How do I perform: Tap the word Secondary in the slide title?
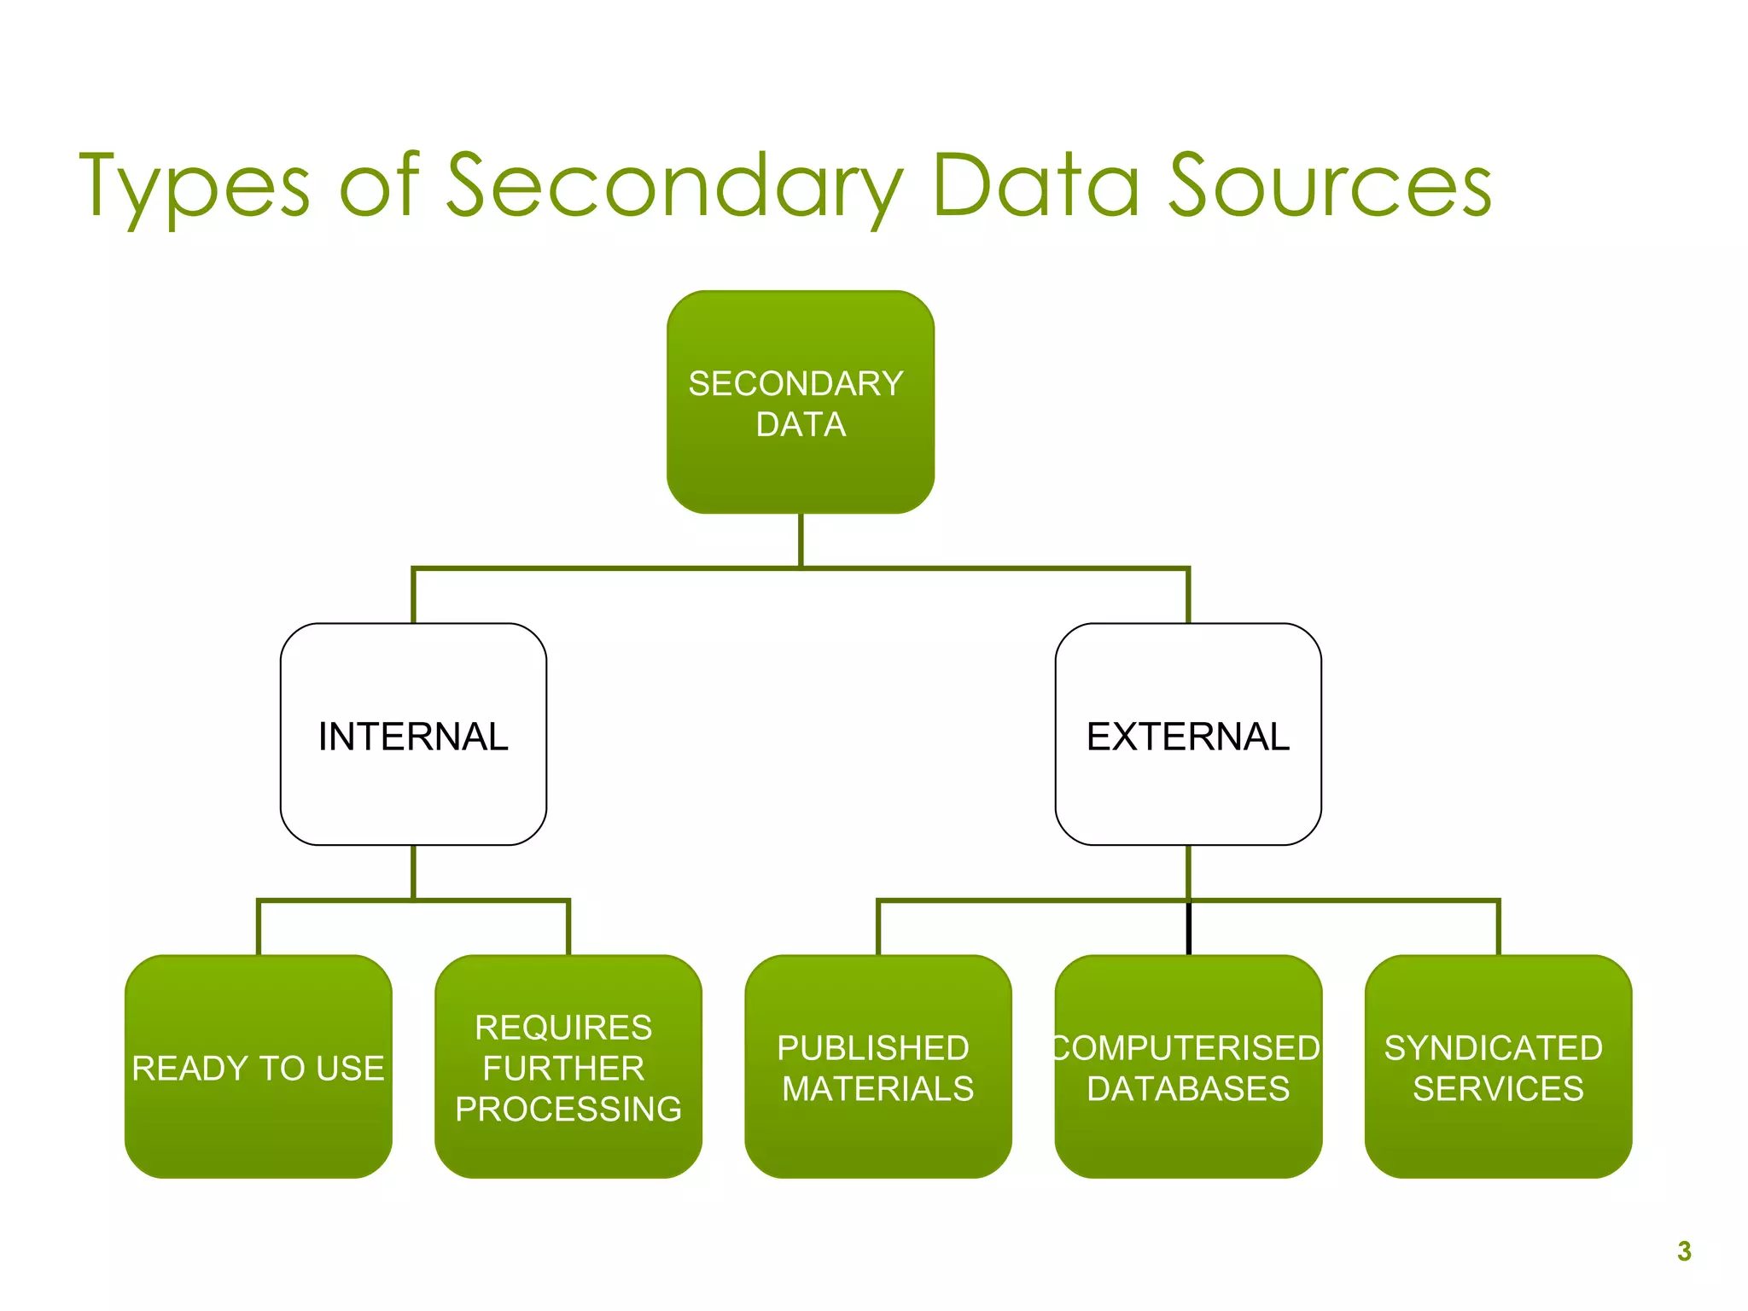[x=674, y=186]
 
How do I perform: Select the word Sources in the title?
[x=1330, y=186]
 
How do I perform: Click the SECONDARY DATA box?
[x=800, y=402]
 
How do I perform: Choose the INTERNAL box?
[x=413, y=735]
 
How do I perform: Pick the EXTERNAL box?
[x=1188, y=735]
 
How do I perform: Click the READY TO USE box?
[x=258, y=1067]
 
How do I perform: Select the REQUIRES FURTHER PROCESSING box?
[x=568, y=1067]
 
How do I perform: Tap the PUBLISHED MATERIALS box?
[x=877, y=1067]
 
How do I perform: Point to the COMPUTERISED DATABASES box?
[x=1188, y=1067]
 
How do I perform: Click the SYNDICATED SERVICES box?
[x=1498, y=1067]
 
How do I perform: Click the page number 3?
[x=1684, y=1251]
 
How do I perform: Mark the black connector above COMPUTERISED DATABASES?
[x=1188, y=929]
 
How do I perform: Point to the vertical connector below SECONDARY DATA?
[x=801, y=539]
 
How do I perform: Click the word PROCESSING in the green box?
[x=568, y=1109]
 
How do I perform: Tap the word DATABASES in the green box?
[x=1188, y=1089]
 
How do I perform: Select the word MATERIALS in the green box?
[x=878, y=1089]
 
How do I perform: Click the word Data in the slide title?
[x=1037, y=186]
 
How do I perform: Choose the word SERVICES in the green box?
[x=1498, y=1089]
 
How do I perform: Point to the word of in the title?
[x=381, y=186]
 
